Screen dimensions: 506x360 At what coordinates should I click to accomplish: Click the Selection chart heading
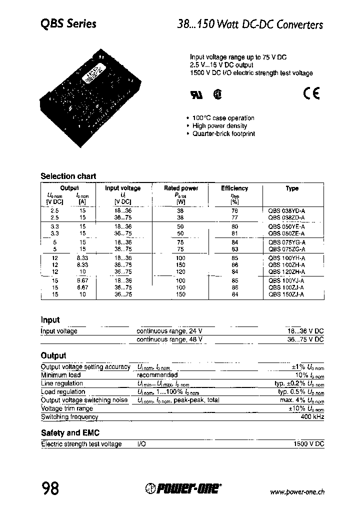(68, 176)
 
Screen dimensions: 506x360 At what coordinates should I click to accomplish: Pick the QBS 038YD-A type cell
(287, 211)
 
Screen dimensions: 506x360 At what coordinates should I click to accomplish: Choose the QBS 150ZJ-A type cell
(287, 294)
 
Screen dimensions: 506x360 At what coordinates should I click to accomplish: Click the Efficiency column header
(234, 188)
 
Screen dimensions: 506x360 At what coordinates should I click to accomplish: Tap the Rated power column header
(181, 188)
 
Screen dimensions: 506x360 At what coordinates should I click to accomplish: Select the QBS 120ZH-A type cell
(287, 271)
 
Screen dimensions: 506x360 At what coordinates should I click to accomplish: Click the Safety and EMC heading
(66, 433)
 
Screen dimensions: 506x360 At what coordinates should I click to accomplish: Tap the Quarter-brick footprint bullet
(223, 134)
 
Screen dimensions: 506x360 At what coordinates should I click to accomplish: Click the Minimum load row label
(60, 375)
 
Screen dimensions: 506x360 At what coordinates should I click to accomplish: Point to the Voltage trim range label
(66, 408)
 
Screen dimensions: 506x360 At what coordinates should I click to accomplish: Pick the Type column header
(292, 188)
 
